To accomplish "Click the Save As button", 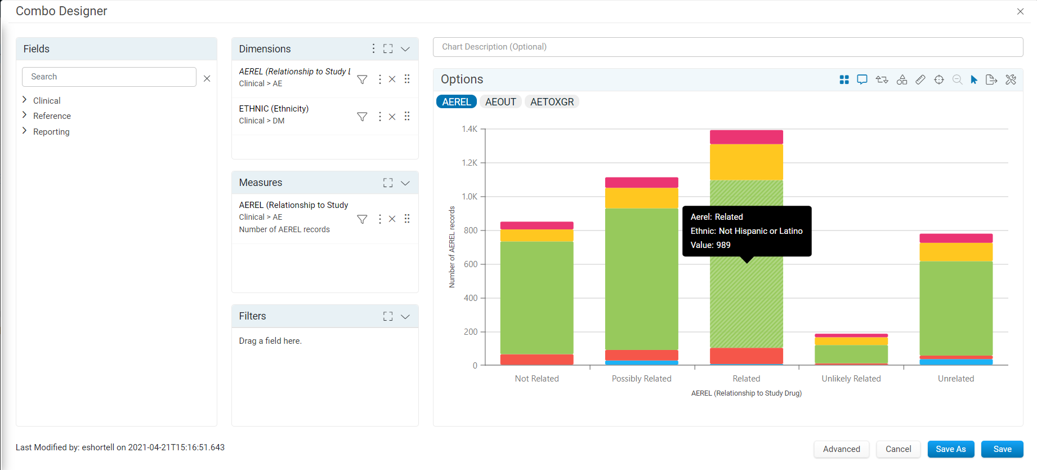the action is click(x=950, y=449).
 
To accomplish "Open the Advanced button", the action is click(x=841, y=449).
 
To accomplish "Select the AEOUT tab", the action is click(x=500, y=102).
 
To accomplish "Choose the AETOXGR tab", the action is click(x=552, y=102).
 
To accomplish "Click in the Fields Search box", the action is click(x=109, y=77).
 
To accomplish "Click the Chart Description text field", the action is click(x=727, y=47).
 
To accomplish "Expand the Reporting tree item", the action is click(x=51, y=132).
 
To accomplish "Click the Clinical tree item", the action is click(x=47, y=101).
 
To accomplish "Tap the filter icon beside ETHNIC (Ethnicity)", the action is click(x=362, y=117).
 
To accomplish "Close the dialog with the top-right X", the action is click(x=1020, y=11).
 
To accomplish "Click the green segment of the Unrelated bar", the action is click(x=956, y=308).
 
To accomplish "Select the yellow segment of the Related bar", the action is click(x=747, y=162).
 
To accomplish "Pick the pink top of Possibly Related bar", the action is click(x=642, y=183).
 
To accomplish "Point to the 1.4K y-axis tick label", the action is click(x=470, y=129).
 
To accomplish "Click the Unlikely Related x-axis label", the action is click(x=851, y=379).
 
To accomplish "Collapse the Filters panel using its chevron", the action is click(x=405, y=317).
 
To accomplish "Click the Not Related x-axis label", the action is click(x=537, y=379).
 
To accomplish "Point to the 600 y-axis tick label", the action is click(x=471, y=264).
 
